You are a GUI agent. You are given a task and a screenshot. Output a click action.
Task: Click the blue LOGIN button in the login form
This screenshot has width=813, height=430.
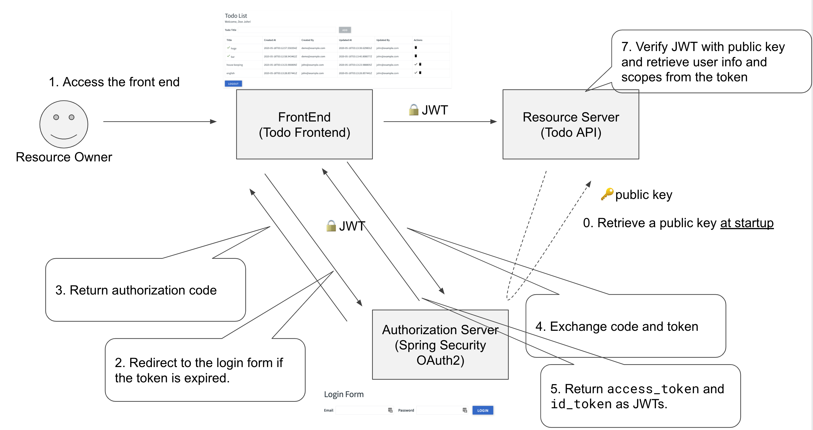482,410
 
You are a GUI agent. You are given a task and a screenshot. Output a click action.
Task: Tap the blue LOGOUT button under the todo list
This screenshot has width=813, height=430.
233,84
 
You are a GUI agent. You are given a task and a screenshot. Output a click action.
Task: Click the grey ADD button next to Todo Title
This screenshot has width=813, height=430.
345,30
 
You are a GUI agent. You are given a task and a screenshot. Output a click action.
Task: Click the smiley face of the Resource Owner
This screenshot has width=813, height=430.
64,124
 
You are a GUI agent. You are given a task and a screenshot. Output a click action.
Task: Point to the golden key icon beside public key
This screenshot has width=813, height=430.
607,194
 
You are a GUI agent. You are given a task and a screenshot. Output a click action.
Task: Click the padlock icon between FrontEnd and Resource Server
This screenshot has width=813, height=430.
413,110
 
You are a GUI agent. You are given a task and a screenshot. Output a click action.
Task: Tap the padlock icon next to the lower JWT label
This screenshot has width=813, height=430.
331,226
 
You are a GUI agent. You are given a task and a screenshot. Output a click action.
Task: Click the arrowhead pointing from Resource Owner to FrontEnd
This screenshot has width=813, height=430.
213,121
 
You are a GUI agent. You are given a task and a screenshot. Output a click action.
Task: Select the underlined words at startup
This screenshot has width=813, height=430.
747,223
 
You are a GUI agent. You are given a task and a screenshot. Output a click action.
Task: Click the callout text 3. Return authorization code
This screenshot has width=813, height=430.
136,290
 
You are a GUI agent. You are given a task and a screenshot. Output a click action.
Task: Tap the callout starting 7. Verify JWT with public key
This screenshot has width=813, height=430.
703,62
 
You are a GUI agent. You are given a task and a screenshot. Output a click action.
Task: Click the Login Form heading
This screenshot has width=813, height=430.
343,394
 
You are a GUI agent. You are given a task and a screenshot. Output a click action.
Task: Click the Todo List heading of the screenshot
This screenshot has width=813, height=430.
236,16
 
